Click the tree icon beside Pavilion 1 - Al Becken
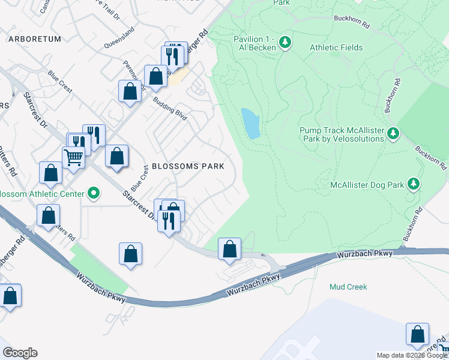[x=286, y=42]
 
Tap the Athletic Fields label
[x=336, y=47]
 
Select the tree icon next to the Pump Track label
[x=393, y=133]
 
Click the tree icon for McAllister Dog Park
[x=413, y=184]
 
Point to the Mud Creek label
[x=348, y=287]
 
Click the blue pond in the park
[x=251, y=123]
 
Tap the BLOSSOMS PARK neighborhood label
[x=188, y=166]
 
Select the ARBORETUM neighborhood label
[x=35, y=39]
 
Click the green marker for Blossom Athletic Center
[x=93, y=193]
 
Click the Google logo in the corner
[x=20, y=353]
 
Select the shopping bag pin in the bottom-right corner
[x=417, y=335]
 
